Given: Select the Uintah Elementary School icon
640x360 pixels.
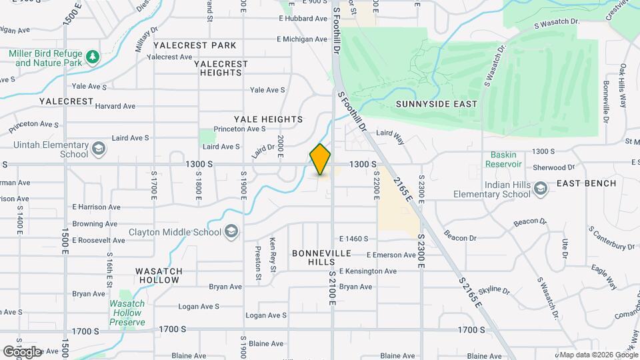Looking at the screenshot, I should pos(99,148).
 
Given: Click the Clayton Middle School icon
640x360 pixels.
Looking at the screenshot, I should pos(231,231).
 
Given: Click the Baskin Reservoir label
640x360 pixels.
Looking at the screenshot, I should pos(503,159).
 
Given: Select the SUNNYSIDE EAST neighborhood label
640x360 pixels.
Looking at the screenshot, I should pos(437,104).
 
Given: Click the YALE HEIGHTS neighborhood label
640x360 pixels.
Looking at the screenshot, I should pos(268,119).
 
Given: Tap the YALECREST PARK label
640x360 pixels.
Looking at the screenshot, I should pos(195,45).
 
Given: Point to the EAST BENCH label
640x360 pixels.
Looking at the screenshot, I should pos(580,183).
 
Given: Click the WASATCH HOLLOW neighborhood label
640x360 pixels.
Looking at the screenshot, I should pos(158,275).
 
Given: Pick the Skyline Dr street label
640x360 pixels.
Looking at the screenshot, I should pos(493,291).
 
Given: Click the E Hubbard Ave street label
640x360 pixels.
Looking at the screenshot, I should pos(302,19).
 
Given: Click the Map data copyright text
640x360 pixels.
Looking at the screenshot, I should pos(597,355).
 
